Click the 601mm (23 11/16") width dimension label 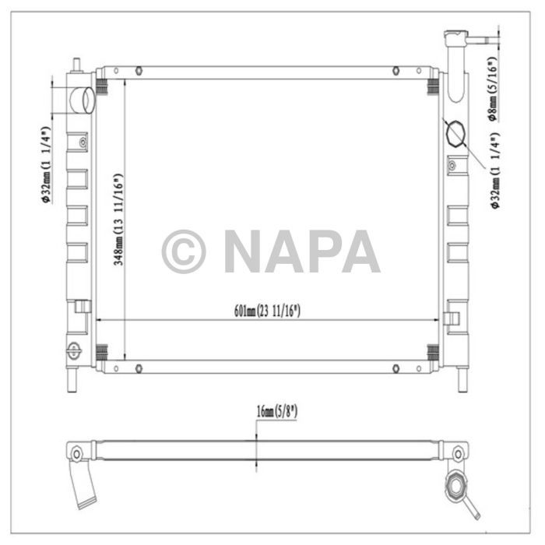point(267,311)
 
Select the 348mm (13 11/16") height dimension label point(118,220)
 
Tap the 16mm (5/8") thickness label point(277,412)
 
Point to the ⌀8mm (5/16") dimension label point(493,89)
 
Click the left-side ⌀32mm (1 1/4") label point(46,164)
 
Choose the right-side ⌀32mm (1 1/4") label point(494,171)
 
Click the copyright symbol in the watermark point(184,251)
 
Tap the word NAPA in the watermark point(302,251)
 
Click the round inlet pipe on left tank point(83,100)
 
